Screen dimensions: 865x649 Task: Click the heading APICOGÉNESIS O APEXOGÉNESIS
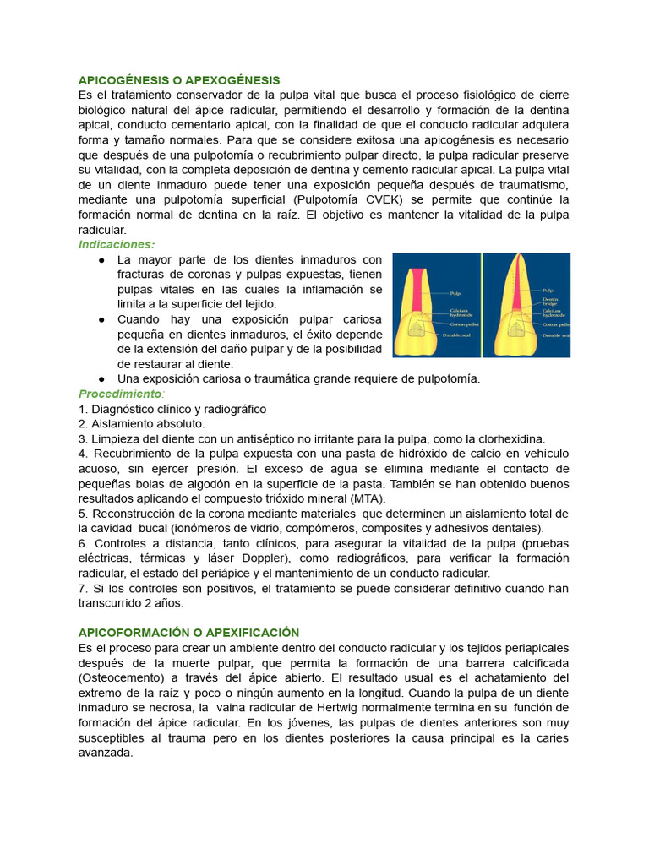(x=178, y=80)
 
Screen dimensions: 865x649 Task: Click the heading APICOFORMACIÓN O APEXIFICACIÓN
(x=188, y=633)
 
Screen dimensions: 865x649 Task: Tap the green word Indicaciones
(x=117, y=244)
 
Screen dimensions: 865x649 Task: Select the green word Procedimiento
(x=119, y=394)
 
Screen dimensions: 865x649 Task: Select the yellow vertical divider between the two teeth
(x=482, y=304)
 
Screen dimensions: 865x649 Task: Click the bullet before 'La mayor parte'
(x=101, y=260)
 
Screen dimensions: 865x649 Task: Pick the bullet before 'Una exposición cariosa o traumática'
(x=101, y=379)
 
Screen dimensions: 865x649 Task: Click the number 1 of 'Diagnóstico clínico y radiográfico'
(x=82, y=410)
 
